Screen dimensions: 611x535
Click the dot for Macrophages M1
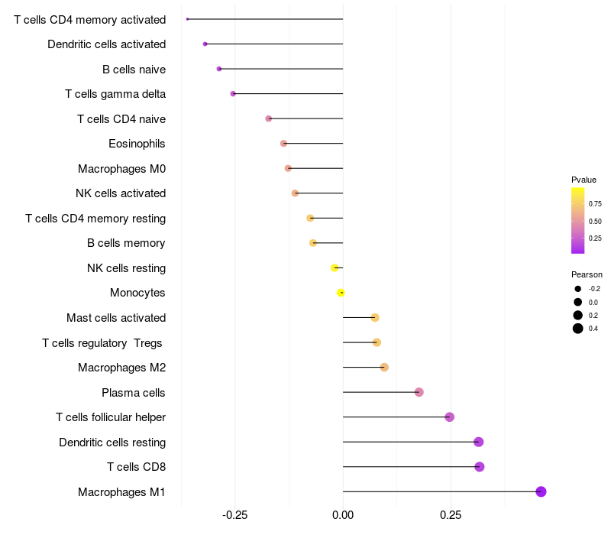541,491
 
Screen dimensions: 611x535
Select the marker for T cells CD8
480,467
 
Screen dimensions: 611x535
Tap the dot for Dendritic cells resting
479,442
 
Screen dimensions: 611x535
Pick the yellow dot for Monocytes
341,293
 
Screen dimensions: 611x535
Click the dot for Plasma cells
419,392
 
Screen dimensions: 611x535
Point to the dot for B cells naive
219,69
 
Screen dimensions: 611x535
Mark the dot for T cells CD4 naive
269,118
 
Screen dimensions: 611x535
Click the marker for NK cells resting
335,268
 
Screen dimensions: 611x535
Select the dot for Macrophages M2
384,368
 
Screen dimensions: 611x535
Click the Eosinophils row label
137,144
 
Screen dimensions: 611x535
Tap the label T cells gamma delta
115,94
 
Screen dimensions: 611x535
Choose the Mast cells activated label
116,318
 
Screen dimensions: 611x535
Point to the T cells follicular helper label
111,417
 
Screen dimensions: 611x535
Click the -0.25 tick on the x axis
234,515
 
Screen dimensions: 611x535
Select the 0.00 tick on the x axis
343,515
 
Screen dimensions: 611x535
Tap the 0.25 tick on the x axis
451,515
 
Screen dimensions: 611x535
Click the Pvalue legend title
584,180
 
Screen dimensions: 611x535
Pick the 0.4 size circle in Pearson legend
578,329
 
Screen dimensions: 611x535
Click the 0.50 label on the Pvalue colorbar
595,221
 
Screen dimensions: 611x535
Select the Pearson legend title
587,274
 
